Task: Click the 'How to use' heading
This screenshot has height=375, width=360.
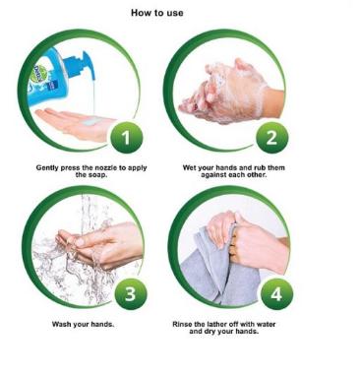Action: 157,13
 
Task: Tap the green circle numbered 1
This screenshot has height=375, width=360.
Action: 126,138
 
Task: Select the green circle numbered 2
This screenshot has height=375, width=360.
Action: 271,138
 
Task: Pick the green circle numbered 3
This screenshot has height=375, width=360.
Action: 130,293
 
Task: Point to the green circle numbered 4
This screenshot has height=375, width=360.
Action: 276,293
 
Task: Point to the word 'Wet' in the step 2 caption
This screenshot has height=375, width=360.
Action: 189,167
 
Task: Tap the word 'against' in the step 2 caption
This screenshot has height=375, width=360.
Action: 212,175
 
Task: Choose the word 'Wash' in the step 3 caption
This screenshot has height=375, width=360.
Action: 61,325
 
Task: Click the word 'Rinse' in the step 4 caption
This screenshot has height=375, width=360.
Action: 182,324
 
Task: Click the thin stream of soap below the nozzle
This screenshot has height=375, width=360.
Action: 93,97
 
